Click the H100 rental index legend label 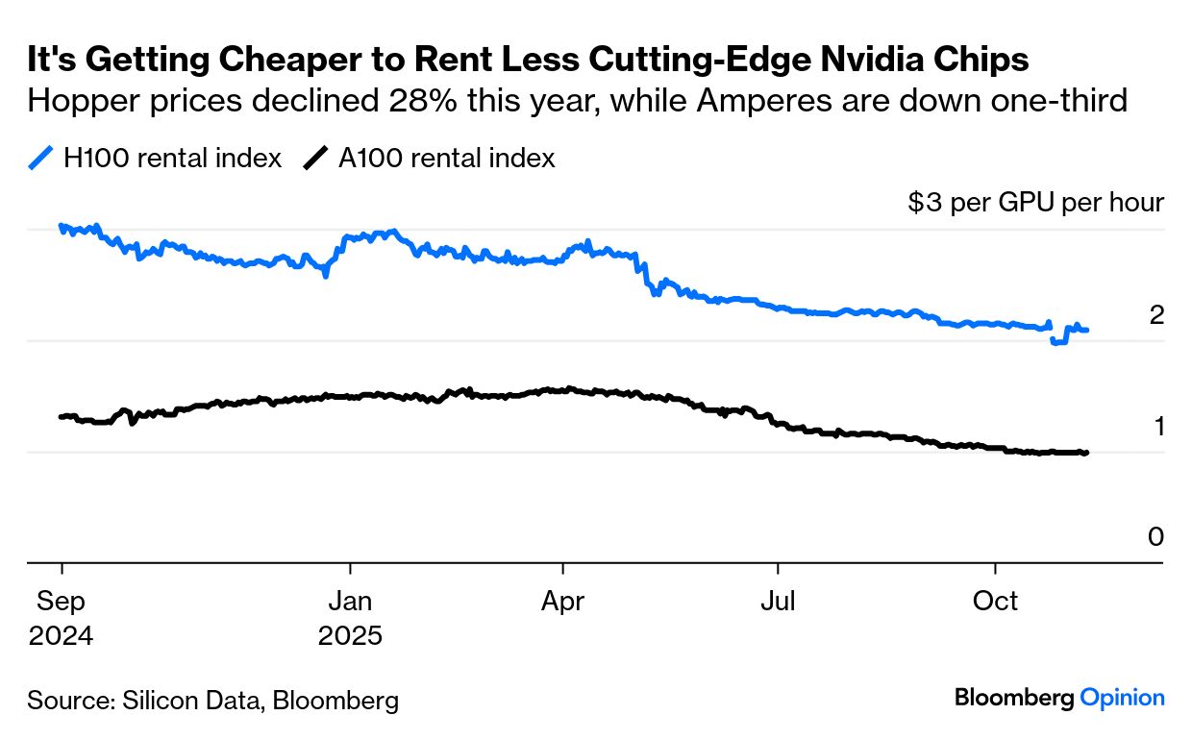pyautogui.click(x=172, y=159)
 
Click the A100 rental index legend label pyautogui.click(x=446, y=159)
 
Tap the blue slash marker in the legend pyautogui.click(x=40, y=159)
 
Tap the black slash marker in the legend pyautogui.click(x=315, y=159)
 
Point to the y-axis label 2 pyautogui.click(x=1156, y=315)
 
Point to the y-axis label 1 pyautogui.click(x=1157, y=426)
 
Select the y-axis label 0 pyautogui.click(x=1156, y=537)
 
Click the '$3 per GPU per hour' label pyautogui.click(x=1035, y=203)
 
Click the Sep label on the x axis pyautogui.click(x=61, y=603)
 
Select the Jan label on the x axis pyautogui.click(x=350, y=603)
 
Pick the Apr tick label pyautogui.click(x=563, y=603)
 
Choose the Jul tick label pyautogui.click(x=777, y=603)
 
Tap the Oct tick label pyautogui.click(x=995, y=603)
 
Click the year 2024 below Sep pyautogui.click(x=61, y=636)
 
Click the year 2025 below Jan pyautogui.click(x=350, y=636)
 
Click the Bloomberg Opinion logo pyautogui.click(x=1059, y=699)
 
